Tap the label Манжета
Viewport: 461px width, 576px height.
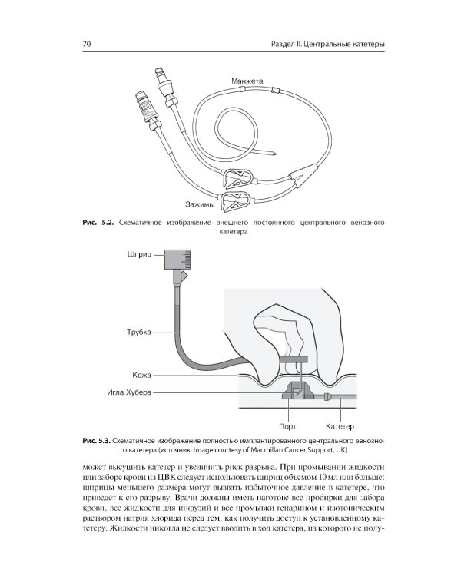(x=247, y=81)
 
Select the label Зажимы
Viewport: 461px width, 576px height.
(x=200, y=204)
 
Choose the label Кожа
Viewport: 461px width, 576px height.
(x=141, y=376)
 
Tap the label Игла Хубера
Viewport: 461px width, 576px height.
(x=129, y=392)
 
